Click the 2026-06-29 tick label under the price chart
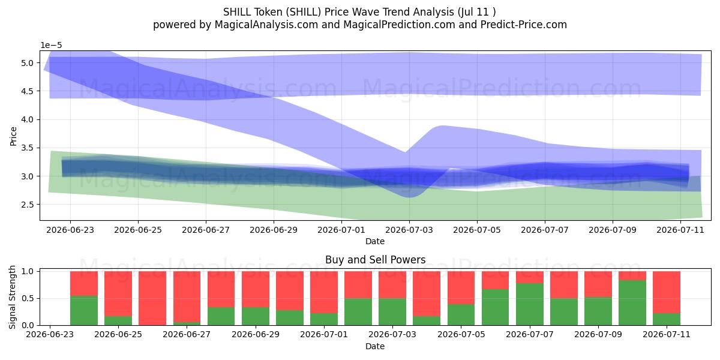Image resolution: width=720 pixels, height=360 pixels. click(x=274, y=230)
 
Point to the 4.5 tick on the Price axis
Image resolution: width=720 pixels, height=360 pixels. click(x=28, y=91)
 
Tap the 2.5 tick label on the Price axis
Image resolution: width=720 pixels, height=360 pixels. click(x=28, y=205)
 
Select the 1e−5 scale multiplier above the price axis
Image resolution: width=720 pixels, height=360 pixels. click(x=51, y=46)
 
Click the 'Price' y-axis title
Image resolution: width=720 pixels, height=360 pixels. click(x=13, y=136)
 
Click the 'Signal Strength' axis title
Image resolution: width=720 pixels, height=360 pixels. click(x=12, y=298)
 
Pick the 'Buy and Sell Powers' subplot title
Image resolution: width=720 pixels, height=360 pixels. click(x=375, y=260)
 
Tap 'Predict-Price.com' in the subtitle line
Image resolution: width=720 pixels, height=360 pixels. click(x=524, y=25)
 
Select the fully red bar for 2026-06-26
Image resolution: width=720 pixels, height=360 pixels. click(x=152, y=298)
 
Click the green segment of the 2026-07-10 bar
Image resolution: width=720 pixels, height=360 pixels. click(x=632, y=303)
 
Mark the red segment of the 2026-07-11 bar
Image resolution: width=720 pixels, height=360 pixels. click(x=667, y=292)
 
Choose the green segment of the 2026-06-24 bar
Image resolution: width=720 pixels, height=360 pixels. click(x=84, y=311)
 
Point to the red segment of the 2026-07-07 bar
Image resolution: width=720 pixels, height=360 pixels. click(x=530, y=277)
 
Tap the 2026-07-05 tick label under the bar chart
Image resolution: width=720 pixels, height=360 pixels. click(x=461, y=335)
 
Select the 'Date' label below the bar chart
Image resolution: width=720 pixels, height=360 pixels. click(x=375, y=347)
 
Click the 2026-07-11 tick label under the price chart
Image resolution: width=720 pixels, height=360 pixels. click(x=680, y=230)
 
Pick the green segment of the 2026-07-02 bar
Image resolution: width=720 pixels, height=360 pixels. click(x=358, y=312)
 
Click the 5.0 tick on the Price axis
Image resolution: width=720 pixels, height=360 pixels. click(x=28, y=63)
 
